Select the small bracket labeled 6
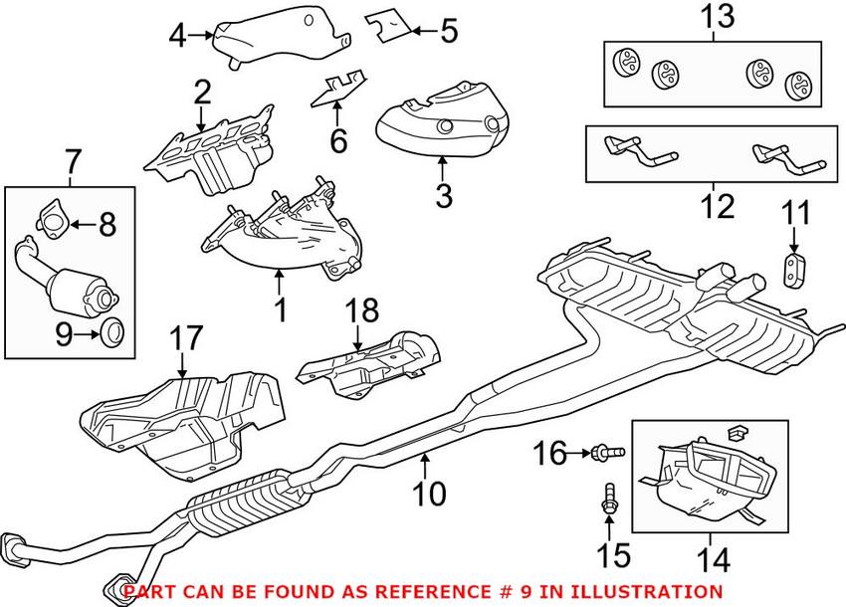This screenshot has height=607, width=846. (x=338, y=91)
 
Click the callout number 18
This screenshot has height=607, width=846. (x=362, y=310)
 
